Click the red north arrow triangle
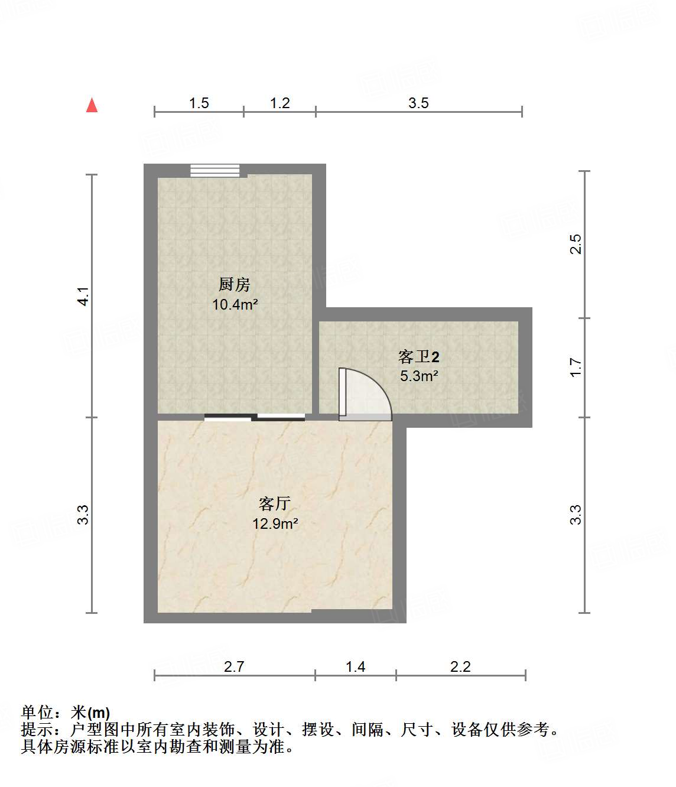coord(92,105)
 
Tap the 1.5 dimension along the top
coord(199,103)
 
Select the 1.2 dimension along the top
coord(279,103)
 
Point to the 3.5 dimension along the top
coord(418,103)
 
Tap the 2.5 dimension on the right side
coord(576,244)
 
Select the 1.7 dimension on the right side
coord(576,368)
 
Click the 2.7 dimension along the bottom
coord(234,666)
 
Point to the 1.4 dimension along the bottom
coord(355,666)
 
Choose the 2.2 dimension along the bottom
coord(460,666)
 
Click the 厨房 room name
coord(235,285)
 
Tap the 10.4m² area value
coord(235,305)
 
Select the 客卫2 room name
coord(418,357)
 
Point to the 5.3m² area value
coord(418,376)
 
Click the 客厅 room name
coord(275,504)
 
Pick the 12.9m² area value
coord(275,523)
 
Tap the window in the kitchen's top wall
coord(215,170)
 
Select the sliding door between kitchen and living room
coord(255,417)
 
